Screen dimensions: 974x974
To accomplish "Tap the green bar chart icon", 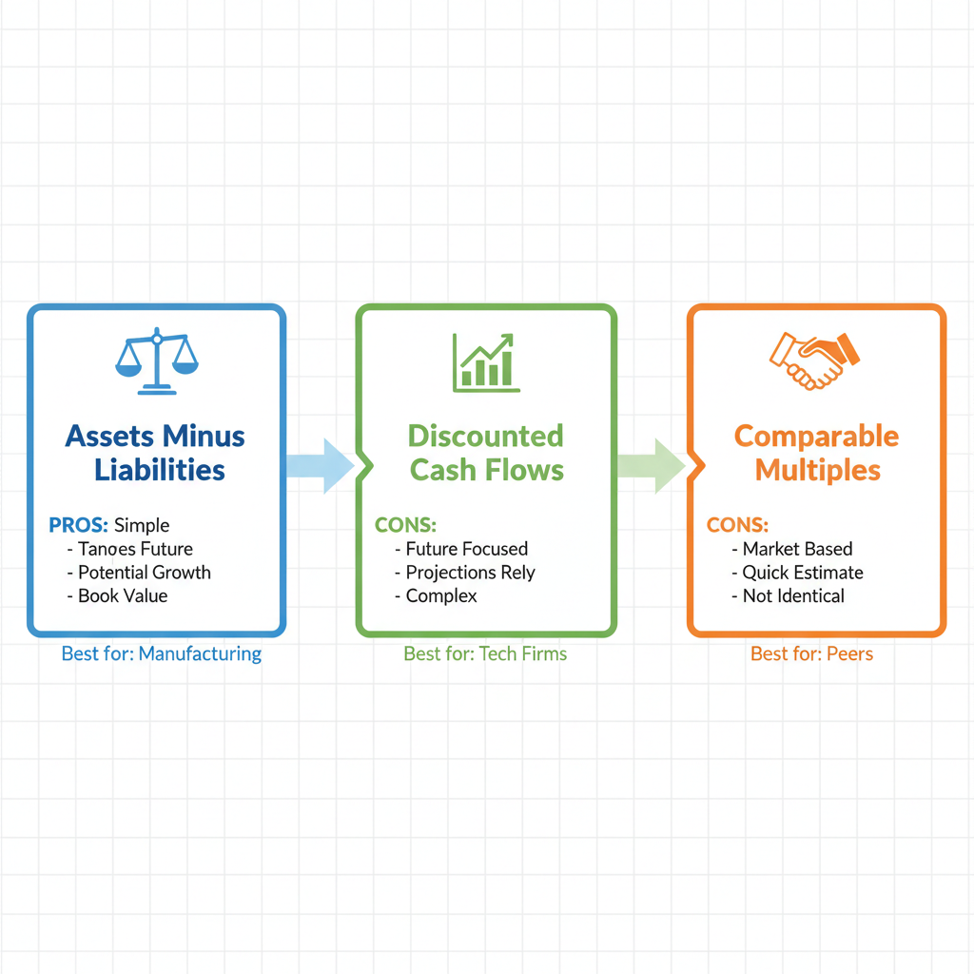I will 486,362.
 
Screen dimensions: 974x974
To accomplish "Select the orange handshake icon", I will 814,360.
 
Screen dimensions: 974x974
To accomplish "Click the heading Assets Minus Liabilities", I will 156,453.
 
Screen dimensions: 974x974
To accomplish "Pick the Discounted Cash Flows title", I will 486,453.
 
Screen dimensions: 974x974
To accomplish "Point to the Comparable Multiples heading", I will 816,453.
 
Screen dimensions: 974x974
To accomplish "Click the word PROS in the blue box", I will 78,525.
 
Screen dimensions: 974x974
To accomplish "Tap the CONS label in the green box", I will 406,525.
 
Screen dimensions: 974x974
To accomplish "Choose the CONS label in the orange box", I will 737,525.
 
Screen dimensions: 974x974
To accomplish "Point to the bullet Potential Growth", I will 144,573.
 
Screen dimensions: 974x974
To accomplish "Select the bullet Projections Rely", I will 470,573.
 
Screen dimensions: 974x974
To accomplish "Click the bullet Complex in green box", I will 440,596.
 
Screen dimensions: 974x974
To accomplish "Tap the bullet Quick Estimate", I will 802,573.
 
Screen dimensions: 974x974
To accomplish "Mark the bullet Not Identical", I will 792,596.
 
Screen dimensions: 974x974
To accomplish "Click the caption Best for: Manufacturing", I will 161,653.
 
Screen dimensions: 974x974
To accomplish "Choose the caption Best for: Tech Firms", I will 485,653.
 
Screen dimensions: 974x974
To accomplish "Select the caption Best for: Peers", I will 811,653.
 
